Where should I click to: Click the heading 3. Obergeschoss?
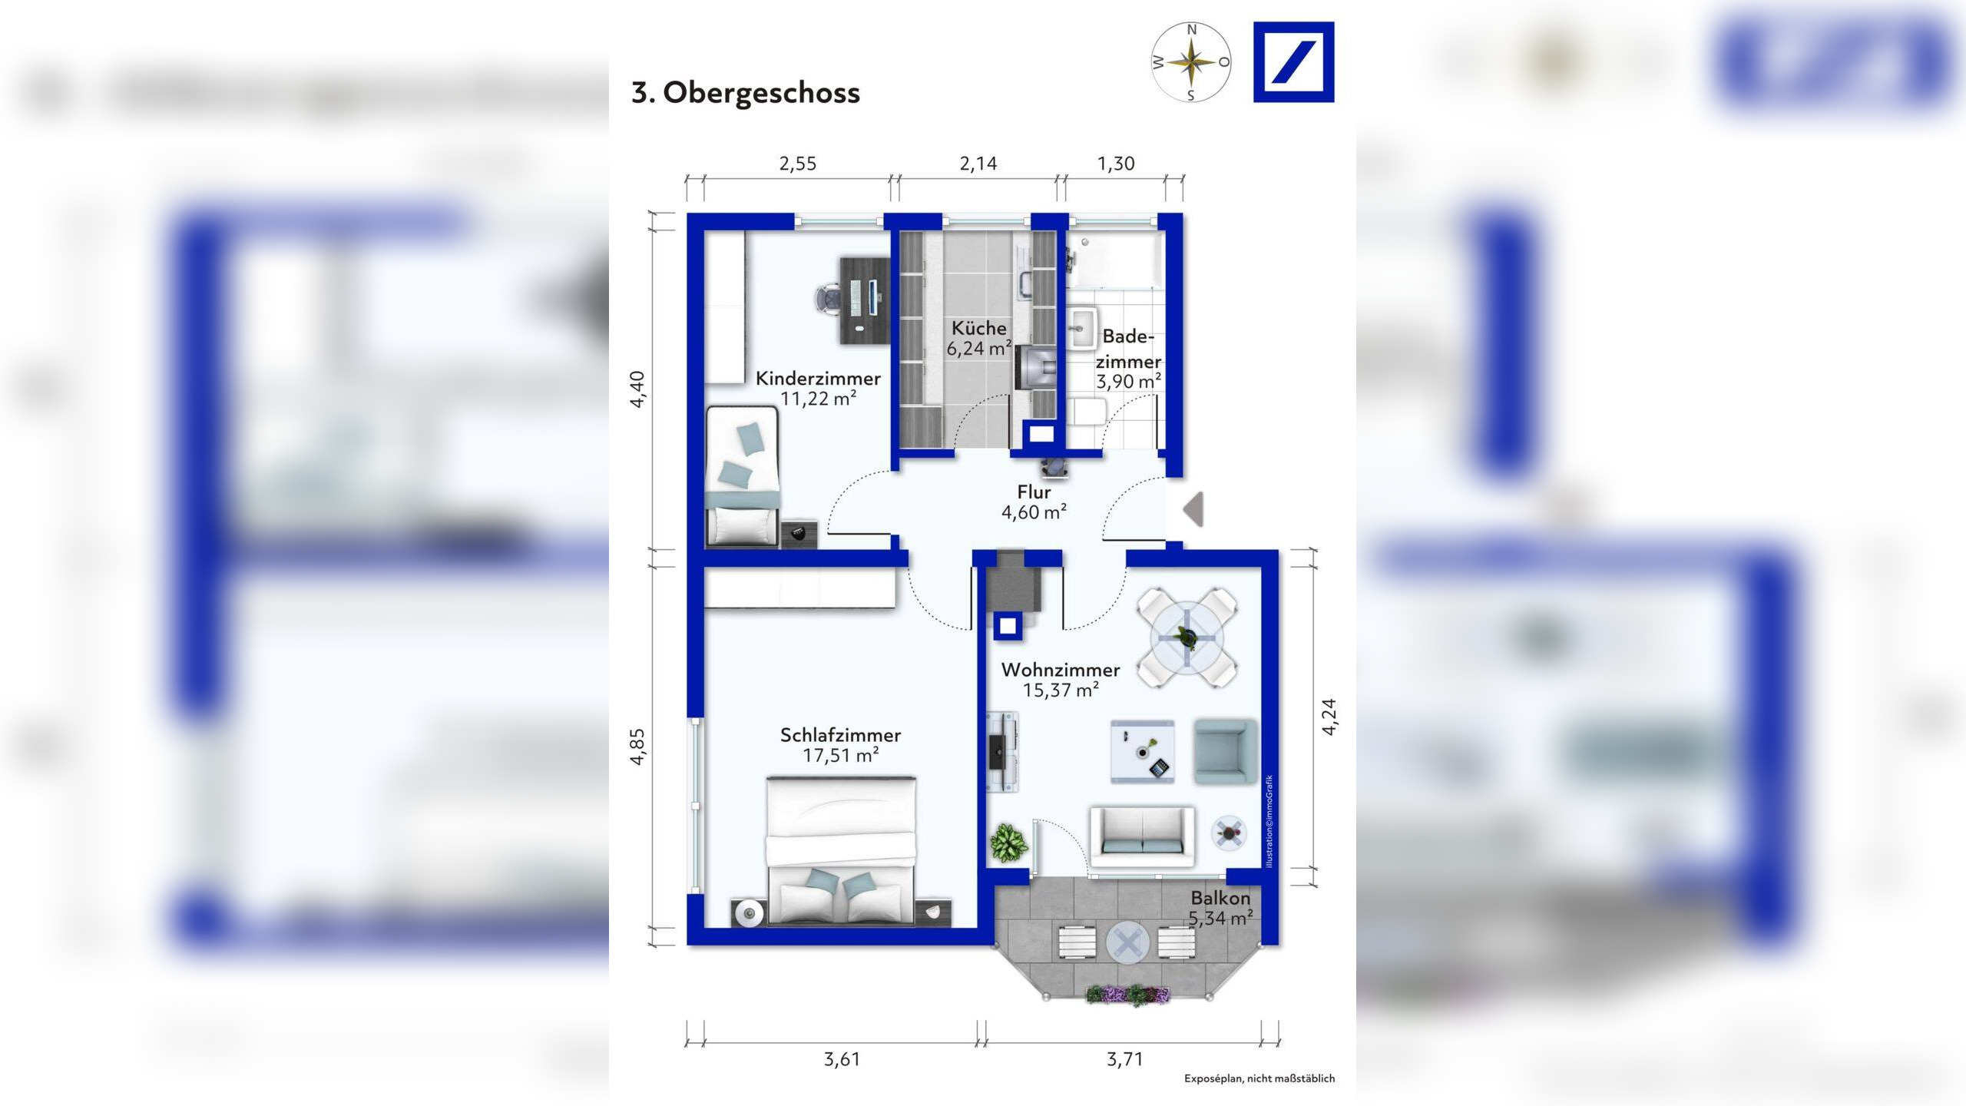pos(745,93)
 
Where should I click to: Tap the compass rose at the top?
pos(1191,62)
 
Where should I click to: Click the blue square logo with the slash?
pos(1293,62)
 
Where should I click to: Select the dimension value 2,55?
pos(797,164)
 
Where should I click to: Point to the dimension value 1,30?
pos(1115,164)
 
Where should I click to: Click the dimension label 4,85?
pos(637,747)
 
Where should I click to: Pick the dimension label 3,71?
pos(1124,1059)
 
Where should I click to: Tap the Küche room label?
pos(978,329)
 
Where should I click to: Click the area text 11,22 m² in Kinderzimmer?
pos(818,399)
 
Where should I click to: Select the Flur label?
pos(1034,492)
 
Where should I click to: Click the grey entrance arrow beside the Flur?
pos(1193,509)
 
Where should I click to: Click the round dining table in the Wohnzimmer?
pos(1187,637)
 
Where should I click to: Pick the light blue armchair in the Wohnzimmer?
pos(1224,751)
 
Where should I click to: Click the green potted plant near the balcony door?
pos(1008,843)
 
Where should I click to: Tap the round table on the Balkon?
pos(1127,942)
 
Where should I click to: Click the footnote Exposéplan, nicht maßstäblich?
pos(1259,1079)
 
